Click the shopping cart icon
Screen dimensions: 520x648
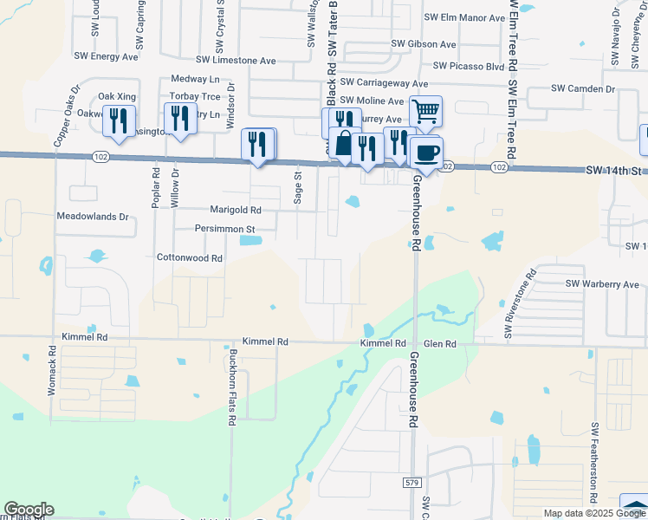pos(425,111)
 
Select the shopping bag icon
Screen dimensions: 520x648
pos(344,143)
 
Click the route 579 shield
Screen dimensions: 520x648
pos(411,481)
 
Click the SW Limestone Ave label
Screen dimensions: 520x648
pos(236,61)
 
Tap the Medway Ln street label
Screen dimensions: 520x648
pos(196,79)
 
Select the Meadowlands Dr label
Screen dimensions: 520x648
pos(92,216)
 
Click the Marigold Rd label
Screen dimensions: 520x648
pos(236,210)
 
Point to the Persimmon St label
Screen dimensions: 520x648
pos(224,230)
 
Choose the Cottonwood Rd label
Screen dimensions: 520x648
pos(190,258)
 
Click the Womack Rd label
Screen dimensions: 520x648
pos(52,372)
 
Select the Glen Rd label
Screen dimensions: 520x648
pos(439,344)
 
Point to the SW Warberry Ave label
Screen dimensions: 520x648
pos(602,283)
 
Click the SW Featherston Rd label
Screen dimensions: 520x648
pos(595,464)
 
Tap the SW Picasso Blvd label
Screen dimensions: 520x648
pos(469,66)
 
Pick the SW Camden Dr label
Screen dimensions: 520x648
pos(583,89)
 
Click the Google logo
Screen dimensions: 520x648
pos(29,510)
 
